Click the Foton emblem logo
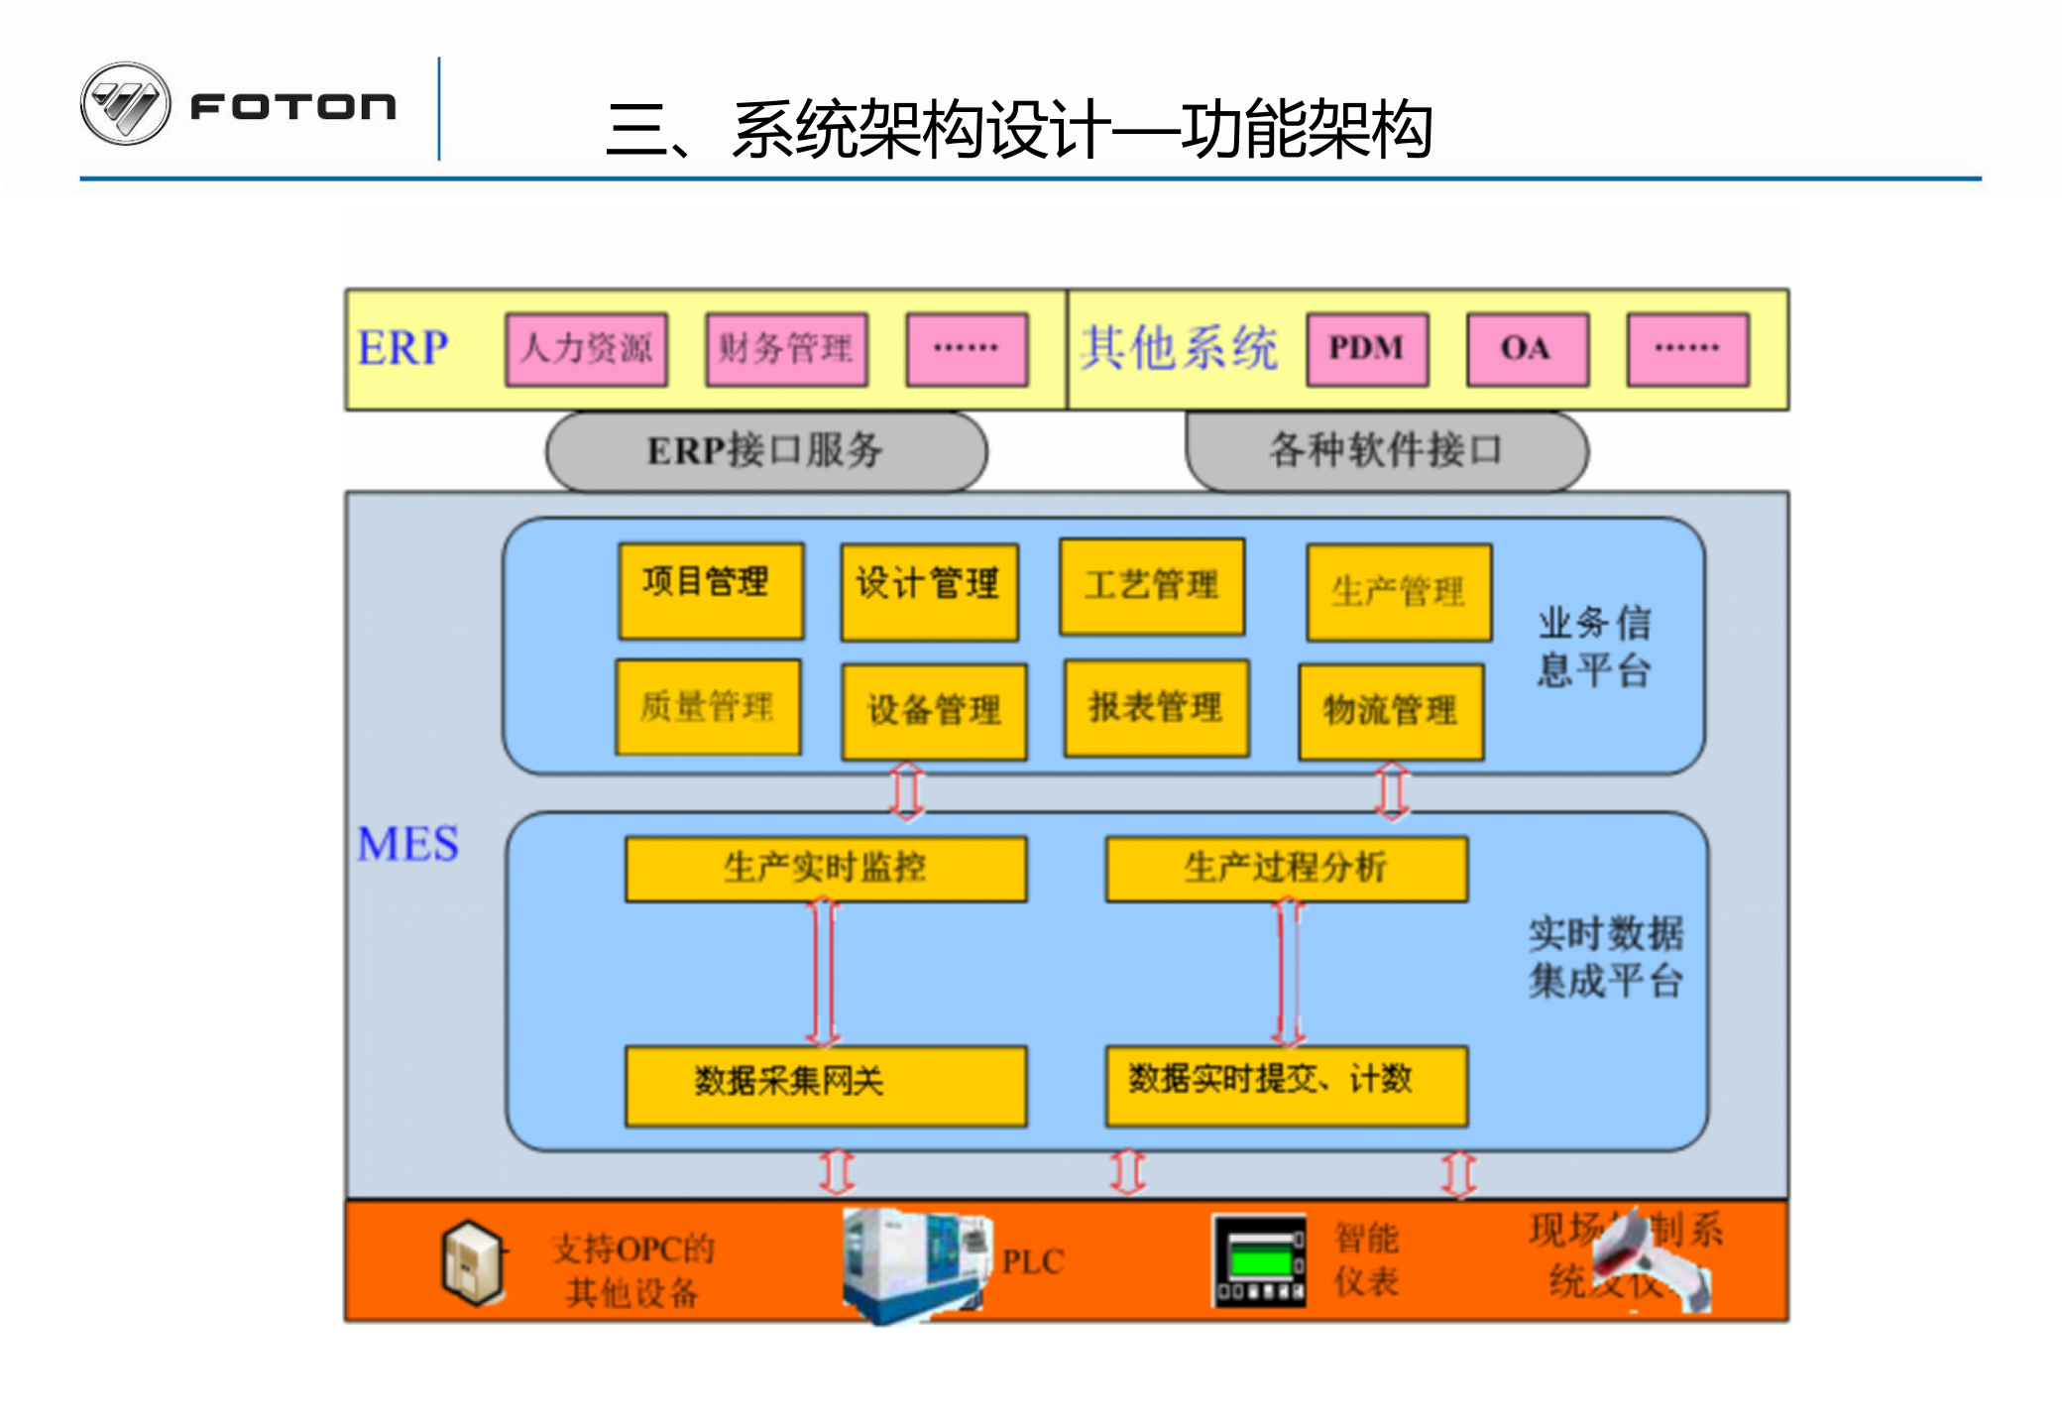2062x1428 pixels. (125, 104)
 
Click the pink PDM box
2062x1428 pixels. (1367, 349)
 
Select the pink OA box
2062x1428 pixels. (1527, 349)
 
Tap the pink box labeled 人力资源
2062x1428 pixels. (586, 349)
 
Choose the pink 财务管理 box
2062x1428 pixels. (786, 349)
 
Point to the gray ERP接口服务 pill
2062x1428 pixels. (765, 451)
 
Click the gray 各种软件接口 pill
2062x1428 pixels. (1386, 451)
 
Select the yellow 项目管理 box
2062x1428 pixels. (710, 590)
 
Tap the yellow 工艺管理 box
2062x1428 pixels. (1151, 586)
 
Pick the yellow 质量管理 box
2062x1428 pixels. (708, 707)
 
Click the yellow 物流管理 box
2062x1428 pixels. (1390, 711)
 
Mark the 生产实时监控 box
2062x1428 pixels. (825, 869)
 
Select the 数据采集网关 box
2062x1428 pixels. (825, 1085)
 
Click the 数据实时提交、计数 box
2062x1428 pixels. (1286, 1085)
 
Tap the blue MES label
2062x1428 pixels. (407, 845)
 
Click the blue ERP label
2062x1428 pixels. (402, 349)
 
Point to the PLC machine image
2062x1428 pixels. (914, 1263)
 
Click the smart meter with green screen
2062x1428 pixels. (1259, 1261)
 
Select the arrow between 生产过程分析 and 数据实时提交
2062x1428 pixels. (1288, 973)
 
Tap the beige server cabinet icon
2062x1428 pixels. (473, 1261)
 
